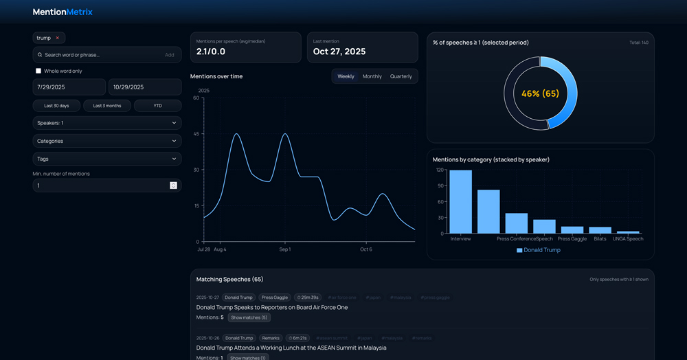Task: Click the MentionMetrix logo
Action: (x=63, y=12)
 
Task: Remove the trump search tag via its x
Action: (x=58, y=38)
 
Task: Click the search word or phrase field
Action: (x=100, y=55)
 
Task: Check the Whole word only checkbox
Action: (x=38, y=71)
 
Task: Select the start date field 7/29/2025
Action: (x=69, y=87)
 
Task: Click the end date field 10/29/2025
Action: (x=145, y=87)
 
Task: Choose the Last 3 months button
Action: (x=106, y=106)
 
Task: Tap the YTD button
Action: (x=157, y=106)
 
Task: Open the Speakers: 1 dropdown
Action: (x=106, y=123)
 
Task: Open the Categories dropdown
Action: (x=106, y=141)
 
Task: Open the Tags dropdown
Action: (x=106, y=159)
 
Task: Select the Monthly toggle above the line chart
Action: (x=372, y=76)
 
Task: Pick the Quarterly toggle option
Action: (x=401, y=76)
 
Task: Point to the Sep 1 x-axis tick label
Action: (x=284, y=249)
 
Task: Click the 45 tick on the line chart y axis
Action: (x=196, y=134)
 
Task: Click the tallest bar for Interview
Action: (x=460, y=201)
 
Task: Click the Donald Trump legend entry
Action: (x=539, y=250)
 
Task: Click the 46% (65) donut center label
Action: (x=540, y=93)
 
